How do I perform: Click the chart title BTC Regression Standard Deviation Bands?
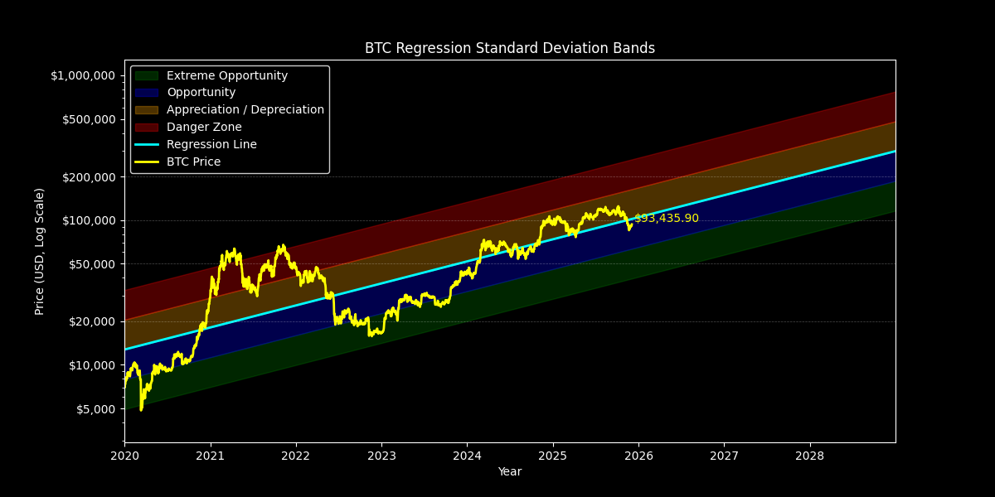point(509,48)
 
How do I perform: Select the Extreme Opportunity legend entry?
point(226,75)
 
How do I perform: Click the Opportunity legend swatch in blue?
point(146,93)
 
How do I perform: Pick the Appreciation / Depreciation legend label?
point(245,110)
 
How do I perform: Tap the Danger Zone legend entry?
point(203,128)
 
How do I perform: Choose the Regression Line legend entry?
point(211,145)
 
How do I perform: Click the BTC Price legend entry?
point(193,162)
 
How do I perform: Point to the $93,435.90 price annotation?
point(666,219)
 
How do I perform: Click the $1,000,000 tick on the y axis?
point(82,75)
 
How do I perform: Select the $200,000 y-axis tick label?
point(85,176)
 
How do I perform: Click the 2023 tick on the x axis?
point(381,456)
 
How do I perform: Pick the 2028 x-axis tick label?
point(810,456)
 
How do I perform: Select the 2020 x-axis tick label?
point(124,456)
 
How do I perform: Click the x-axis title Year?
point(509,471)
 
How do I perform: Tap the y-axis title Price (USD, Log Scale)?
point(40,251)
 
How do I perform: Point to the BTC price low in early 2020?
point(141,409)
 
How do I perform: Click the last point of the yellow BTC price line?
point(632,224)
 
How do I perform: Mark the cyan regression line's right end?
point(895,152)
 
